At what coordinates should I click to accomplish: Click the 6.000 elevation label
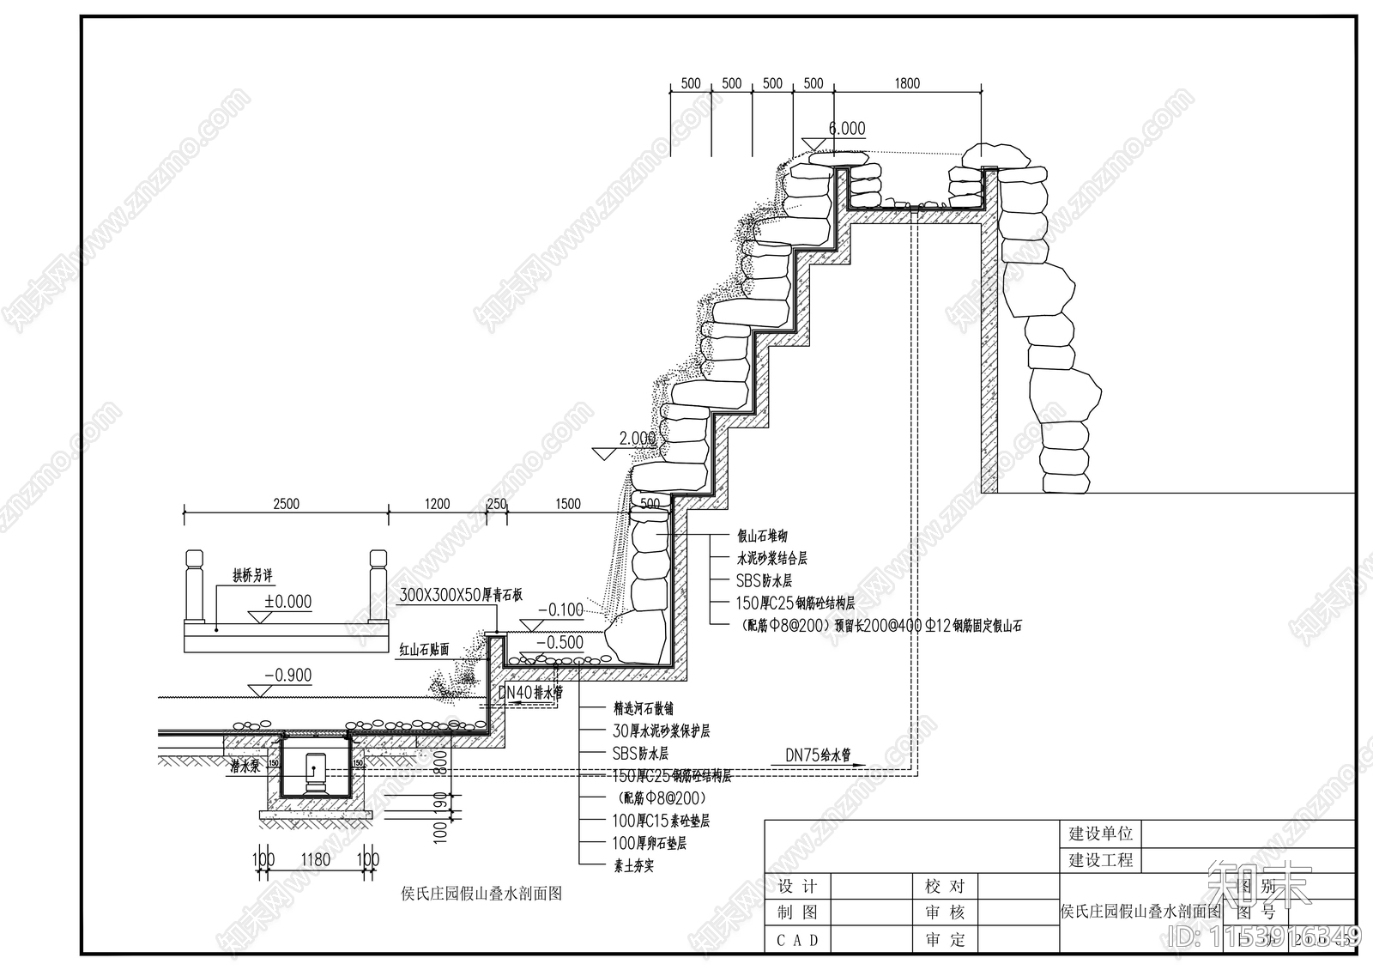(846, 129)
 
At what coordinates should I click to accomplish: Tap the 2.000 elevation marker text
(637, 439)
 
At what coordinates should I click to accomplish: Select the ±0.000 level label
(287, 602)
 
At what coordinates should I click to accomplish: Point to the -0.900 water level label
(287, 676)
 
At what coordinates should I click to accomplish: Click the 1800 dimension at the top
(907, 83)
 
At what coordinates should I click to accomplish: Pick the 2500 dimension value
(286, 504)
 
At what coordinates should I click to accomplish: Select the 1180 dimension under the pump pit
(315, 859)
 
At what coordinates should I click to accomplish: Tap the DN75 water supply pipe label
(818, 755)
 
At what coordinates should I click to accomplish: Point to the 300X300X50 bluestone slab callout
(461, 595)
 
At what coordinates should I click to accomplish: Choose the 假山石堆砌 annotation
(762, 536)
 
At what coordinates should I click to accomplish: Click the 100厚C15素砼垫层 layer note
(661, 821)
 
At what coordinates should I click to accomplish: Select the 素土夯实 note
(633, 865)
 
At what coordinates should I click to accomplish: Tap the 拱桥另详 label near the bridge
(252, 575)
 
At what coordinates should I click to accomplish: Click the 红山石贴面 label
(424, 650)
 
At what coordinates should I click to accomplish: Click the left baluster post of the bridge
(194, 588)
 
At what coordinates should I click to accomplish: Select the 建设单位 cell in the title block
(1100, 834)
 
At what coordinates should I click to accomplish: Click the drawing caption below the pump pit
(481, 894)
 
